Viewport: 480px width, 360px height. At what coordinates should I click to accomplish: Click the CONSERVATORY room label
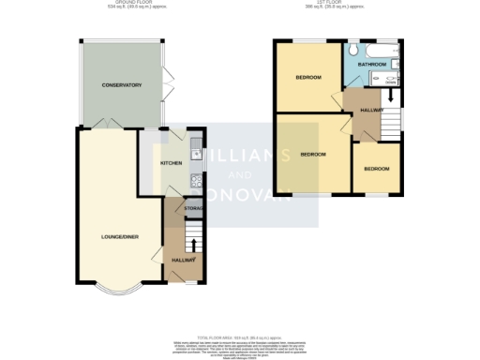[x=121, y=85]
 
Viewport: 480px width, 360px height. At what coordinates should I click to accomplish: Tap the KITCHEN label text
[x=171, y=163]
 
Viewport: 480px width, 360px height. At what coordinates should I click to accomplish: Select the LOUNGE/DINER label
[x=120, y=237]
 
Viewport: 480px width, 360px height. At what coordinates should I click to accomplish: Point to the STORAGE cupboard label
[x=196, y=207]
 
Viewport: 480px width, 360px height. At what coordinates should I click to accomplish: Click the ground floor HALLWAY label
[x=183, y=259]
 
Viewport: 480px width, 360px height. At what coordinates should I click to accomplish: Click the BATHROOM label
[x=372, y=65]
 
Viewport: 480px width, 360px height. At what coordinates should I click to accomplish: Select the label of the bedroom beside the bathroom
[x=308, y=77]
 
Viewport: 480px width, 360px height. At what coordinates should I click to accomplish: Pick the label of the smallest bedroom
[x=377, y=169]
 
